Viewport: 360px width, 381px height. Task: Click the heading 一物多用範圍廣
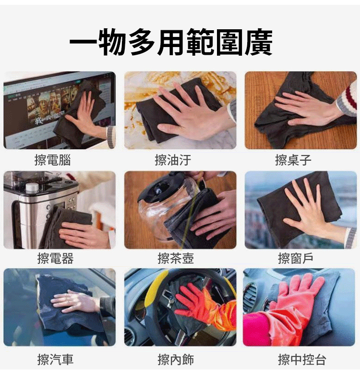click(171, 42)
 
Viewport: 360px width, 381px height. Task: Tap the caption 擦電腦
click(53, 160)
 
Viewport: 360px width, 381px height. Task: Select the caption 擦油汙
click(173, 160)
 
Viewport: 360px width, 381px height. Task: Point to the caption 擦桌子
click(293, 160)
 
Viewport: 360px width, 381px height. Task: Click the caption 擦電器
click(55, 258)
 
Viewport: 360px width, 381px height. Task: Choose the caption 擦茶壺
click(176, 258)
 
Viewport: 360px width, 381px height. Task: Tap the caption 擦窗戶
click(296, 258)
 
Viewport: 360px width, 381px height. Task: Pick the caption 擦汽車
click(55, 359)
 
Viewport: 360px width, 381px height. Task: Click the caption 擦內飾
click(176, 359)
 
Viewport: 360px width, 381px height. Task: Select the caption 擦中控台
click(302, 359)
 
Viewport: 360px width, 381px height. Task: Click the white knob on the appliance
click(32, 188)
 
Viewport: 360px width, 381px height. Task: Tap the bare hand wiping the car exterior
click(75, 301)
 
